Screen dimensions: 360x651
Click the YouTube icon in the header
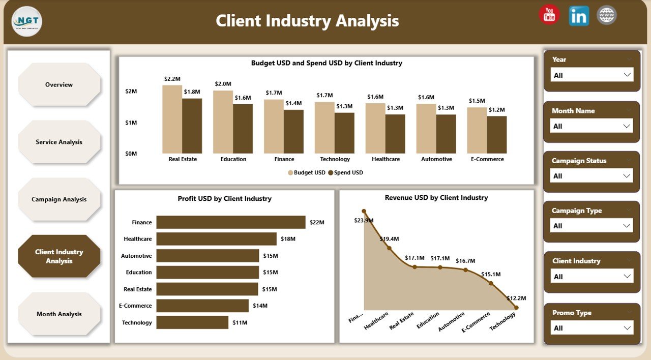click(549, 15)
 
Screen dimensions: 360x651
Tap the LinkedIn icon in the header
click(579, 16)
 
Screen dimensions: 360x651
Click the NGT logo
click(26, 21)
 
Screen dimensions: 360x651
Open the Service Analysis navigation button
click(59, 142)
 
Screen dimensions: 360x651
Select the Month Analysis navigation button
click(59, 314)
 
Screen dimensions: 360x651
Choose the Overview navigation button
click(59, 85)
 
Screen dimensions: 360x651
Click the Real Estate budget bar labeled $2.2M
click(172, 119)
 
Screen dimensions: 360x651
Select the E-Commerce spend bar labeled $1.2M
click(497, 135)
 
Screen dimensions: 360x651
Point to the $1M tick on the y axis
click(131, 123)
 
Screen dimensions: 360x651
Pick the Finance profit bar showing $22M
click(230, 222)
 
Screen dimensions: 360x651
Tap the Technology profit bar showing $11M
click(192, 322)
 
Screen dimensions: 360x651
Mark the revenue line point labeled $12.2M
click(516, 307)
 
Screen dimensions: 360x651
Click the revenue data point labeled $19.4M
click(389, 248)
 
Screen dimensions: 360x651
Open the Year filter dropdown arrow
click(627, 75)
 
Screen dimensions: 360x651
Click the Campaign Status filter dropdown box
click(591, 176)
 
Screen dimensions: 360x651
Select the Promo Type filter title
click(572, 313)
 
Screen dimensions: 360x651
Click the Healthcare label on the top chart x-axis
click(386, 159)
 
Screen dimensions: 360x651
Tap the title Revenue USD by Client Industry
click(436, 197)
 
